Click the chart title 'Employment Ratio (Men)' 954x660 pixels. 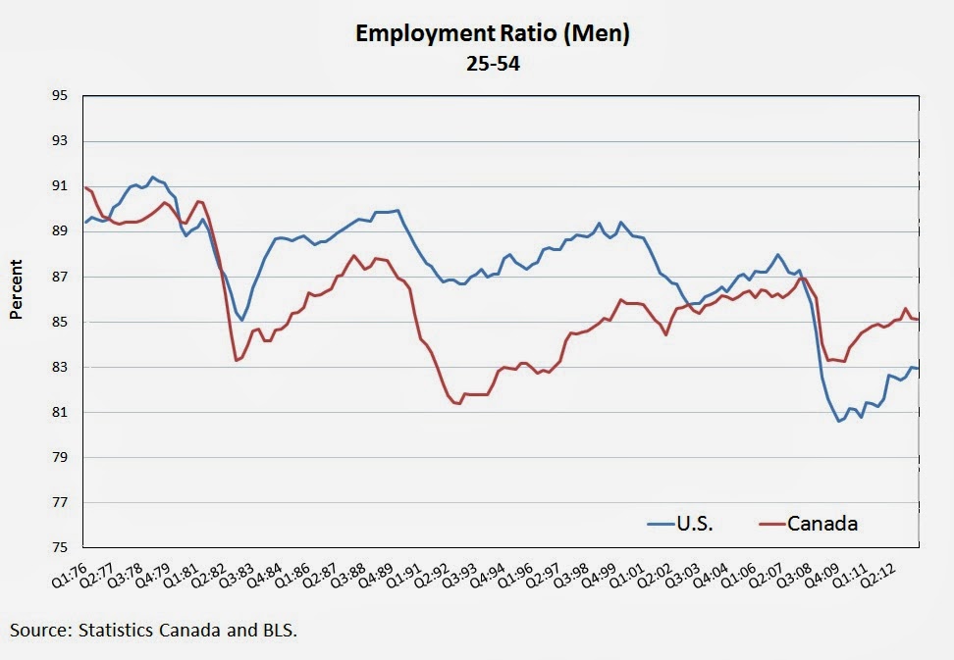(x=492, y=34)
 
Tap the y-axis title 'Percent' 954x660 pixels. (x=17, y=291)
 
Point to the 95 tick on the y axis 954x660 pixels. (x=60, y=96)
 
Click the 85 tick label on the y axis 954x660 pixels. (x=60, y=322)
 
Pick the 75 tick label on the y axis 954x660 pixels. (x=60, y=547)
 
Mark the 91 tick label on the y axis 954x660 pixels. (x=60, y=186)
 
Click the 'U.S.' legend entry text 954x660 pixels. (x=695, y=524)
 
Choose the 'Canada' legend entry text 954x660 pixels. (x=822, y=524)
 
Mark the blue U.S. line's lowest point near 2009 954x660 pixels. (x=839, y=421)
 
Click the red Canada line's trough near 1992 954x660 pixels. (x=458, y=404)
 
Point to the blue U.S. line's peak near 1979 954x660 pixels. (x=151, y=178)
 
